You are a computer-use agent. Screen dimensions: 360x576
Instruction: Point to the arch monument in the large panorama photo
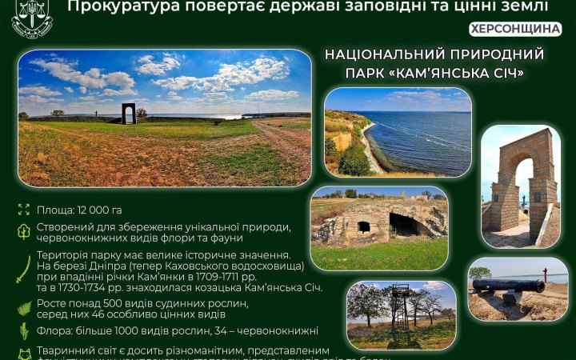129,113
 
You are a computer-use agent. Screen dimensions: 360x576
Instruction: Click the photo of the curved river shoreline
398,131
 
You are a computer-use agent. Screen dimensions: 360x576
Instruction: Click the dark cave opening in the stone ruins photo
403,225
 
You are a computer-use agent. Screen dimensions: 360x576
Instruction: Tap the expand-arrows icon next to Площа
23,210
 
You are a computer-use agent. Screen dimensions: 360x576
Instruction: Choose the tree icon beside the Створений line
23,232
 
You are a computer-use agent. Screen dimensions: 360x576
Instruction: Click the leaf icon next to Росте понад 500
23,309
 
